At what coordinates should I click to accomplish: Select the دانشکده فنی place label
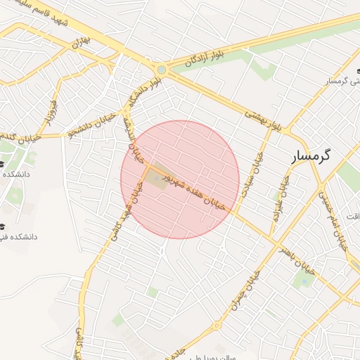(x=20, y=237)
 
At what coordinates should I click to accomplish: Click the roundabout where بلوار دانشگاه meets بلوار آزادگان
(x=162, y=70)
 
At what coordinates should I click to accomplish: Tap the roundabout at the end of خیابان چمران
(x=217, y=326)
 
